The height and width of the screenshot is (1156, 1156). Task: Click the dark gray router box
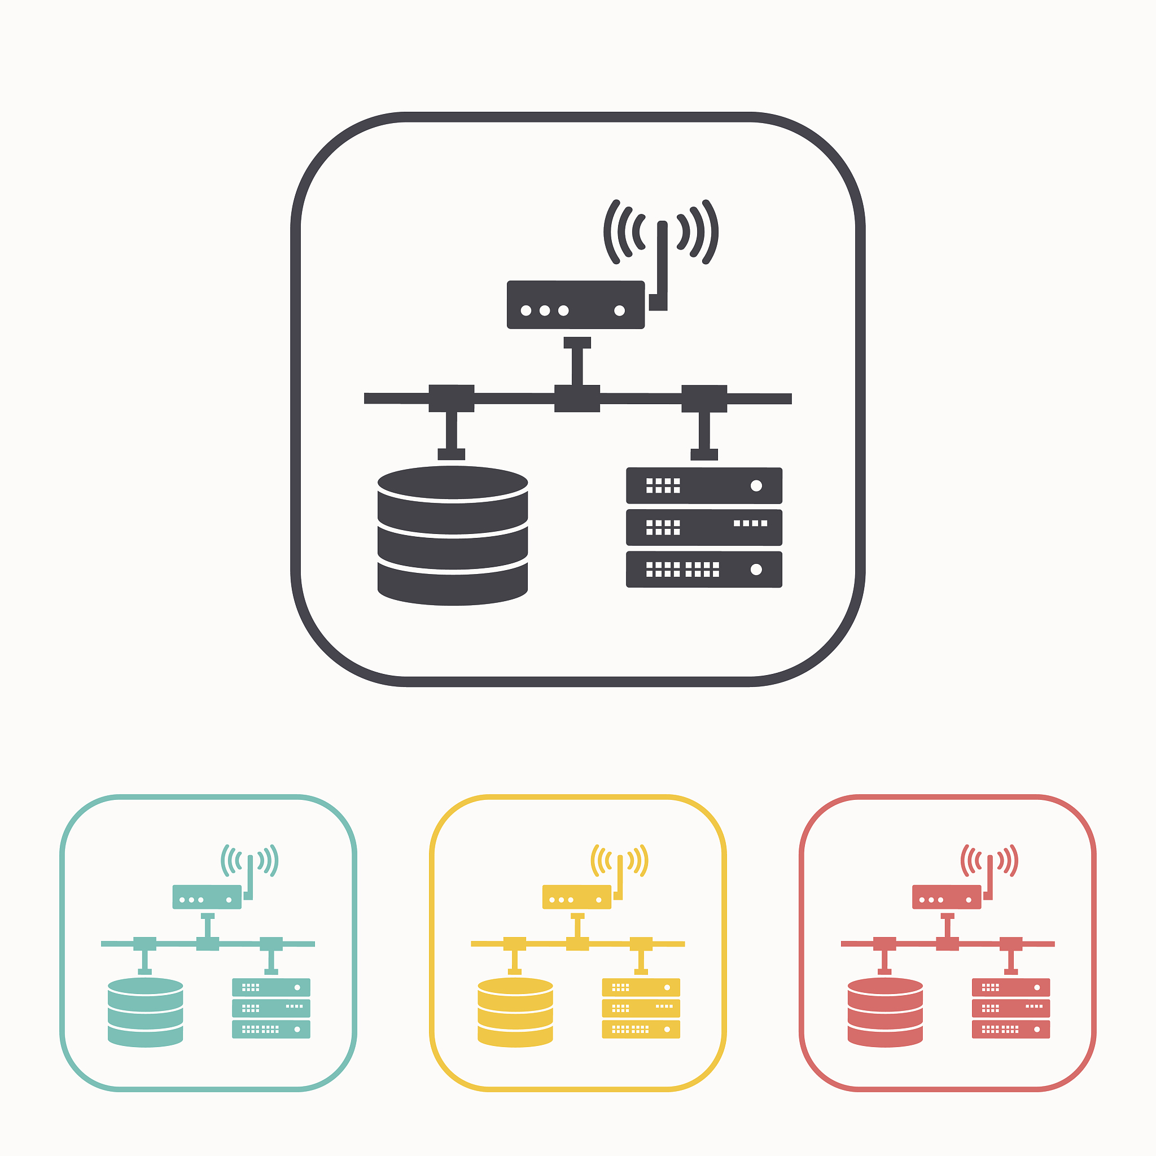[x=575, y=305]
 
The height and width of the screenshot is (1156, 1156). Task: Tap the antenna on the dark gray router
[x=662, y=263]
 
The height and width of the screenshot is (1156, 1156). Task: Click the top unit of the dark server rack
[x=704, y=485]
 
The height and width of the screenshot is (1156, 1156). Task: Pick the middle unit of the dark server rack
[x=704, y=527]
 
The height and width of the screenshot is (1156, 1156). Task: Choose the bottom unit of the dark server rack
[x=704, y=569]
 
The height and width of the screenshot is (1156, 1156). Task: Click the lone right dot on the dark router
[x=619, y=310]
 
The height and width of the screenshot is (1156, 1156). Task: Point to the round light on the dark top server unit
[x=756, y=485]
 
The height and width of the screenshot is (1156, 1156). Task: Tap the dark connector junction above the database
[x=451, y=398]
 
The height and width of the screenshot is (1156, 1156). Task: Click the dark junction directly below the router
[x=577, y=398]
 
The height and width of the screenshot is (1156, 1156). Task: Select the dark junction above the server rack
[x=704, y=398]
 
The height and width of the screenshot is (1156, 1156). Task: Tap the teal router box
[x=207, y=897]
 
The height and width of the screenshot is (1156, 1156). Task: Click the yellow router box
[x=577, y=897]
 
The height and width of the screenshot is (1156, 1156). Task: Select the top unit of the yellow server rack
[x=641, y=987]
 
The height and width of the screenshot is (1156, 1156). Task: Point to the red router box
[x=947, y=897]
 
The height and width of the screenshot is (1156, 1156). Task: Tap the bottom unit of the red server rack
[x=1010, y=1029]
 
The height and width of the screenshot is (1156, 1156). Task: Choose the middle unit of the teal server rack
[x=271, y=1008]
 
